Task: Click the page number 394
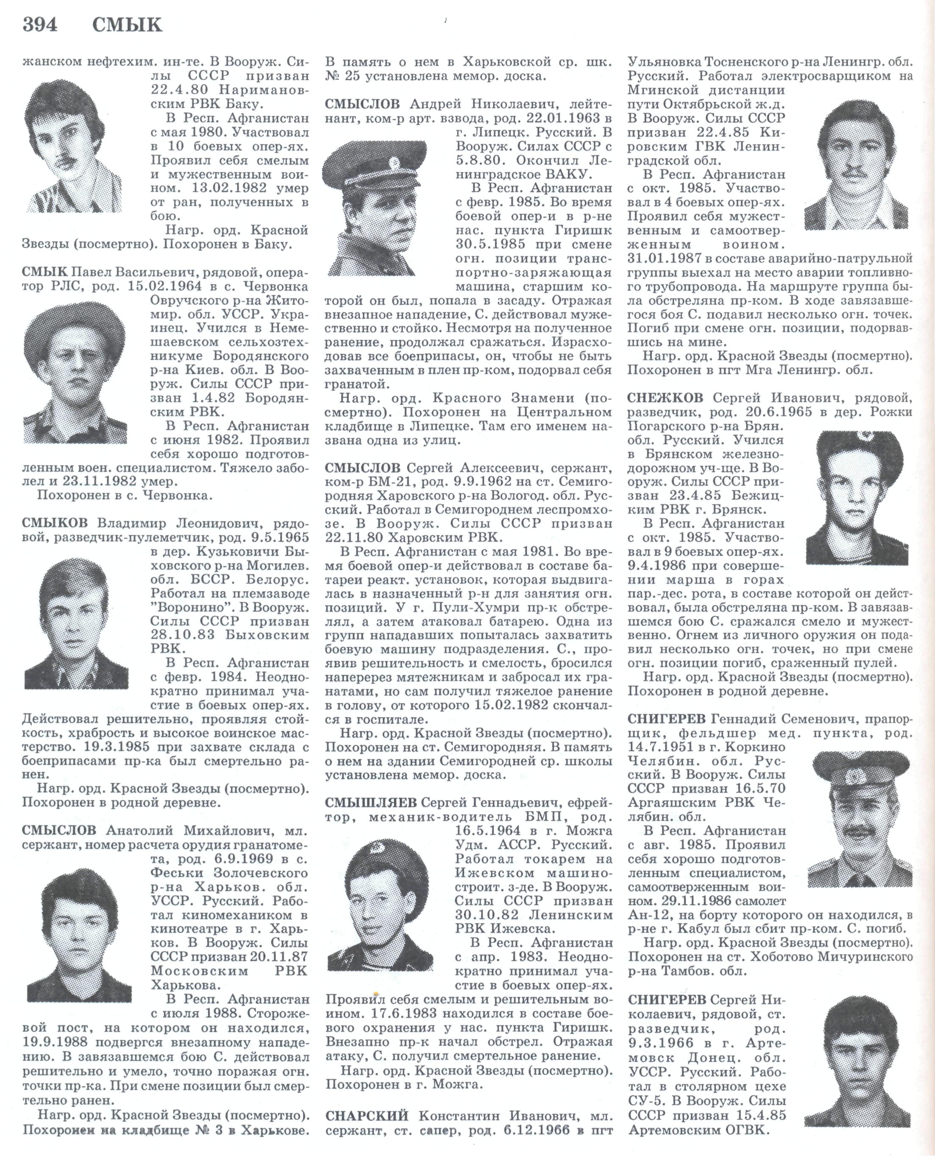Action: click(40, 25)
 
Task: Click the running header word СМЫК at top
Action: click(127, 25)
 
